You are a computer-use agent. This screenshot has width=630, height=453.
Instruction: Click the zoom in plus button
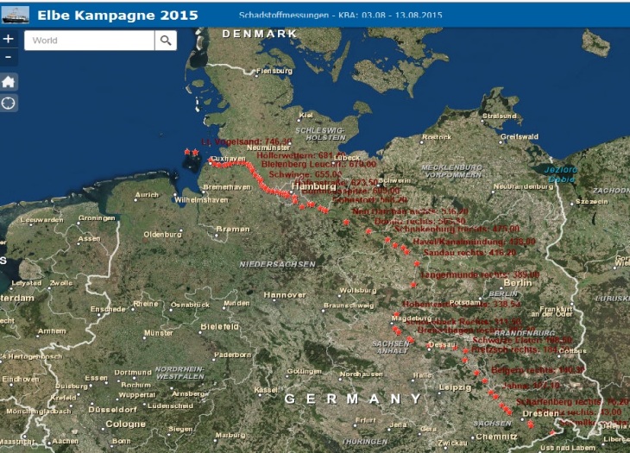point(9,39)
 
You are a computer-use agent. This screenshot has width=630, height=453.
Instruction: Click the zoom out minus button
point(9,57)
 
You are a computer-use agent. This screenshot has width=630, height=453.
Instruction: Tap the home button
point(9,81)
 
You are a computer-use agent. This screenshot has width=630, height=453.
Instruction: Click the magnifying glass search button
point(166,41)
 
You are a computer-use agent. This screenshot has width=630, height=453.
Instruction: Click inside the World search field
point(90,41)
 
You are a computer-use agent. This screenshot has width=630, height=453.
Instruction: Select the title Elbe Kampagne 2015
point(117,16)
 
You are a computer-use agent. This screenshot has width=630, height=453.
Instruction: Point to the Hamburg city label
point(313,186)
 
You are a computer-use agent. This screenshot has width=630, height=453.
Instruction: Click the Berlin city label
point(517,283)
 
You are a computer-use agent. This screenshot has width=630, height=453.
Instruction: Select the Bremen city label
point(232,229)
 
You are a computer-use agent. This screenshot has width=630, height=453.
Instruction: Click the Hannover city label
point(285,295)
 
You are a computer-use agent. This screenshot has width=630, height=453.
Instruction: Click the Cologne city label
point(125,424)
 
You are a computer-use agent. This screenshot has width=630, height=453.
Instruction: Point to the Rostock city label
point(437,137)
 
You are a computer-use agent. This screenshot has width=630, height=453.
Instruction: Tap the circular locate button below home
point(9,104)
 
